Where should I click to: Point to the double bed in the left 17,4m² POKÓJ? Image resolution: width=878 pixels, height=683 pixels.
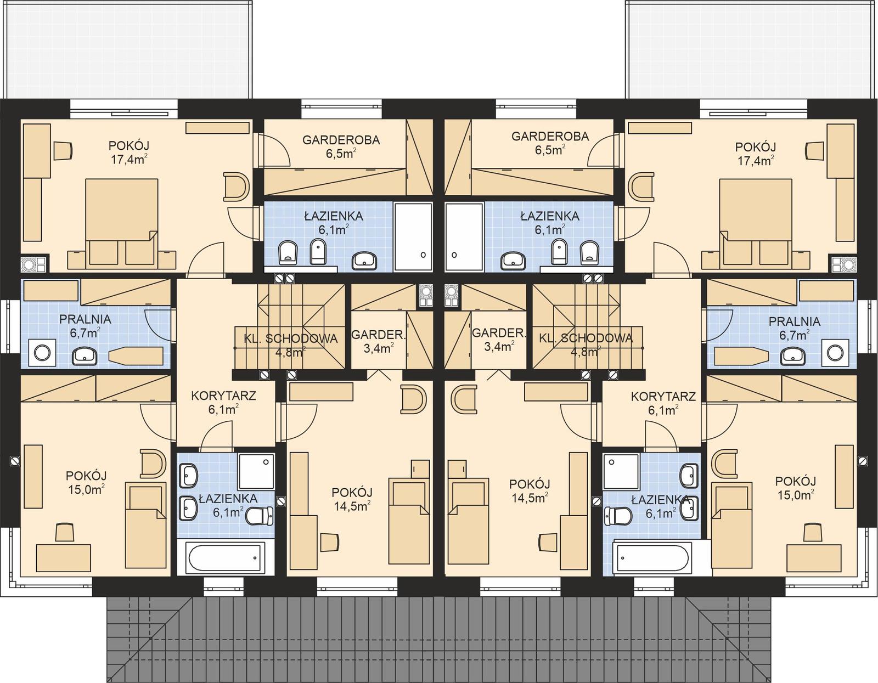click(x=122, y=219)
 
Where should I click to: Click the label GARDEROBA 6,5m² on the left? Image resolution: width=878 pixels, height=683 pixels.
click(x=341, y=146)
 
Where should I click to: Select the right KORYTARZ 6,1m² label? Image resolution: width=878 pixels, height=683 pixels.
click(x=663, y=402)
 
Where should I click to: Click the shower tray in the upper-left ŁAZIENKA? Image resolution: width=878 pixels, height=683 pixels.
click(x=413, y=237)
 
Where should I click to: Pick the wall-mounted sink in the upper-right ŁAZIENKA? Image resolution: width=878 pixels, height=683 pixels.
click(x=514, y=259)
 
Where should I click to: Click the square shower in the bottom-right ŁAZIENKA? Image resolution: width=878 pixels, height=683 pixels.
click(x=621, y=471)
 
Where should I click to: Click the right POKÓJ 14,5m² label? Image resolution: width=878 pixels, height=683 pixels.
click(x=530, y=490)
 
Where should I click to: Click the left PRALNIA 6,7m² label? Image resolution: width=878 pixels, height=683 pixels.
click(x=85, y=325)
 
